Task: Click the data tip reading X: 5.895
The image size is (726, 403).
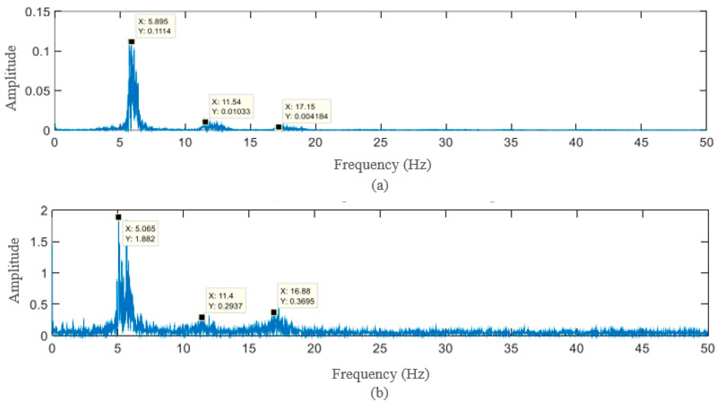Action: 155,26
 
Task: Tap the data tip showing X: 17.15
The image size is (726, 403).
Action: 306,111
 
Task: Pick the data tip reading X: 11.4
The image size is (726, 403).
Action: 226,301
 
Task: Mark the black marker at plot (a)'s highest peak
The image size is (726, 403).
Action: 131,42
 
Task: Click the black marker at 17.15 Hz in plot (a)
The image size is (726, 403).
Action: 278,127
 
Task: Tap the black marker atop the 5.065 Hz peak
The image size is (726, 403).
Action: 118,217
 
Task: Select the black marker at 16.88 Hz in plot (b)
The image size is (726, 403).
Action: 274,313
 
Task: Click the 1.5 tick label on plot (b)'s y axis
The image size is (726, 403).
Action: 39,242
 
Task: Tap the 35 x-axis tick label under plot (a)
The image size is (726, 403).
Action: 511,142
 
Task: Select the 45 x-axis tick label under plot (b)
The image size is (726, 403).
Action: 642,349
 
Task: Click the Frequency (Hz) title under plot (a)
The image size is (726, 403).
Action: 382,165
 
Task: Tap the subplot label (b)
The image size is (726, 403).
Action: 379,393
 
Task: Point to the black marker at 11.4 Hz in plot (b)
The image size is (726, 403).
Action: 202,317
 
